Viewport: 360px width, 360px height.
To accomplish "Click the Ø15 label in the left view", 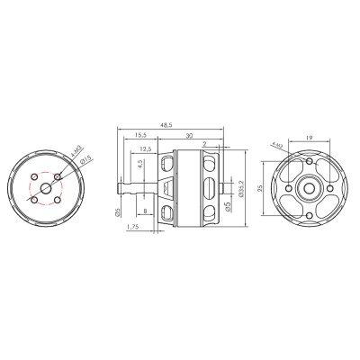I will point(83,159).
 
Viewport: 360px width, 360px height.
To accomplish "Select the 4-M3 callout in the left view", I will point(76,149).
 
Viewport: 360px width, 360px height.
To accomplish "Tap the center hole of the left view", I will point(46,188).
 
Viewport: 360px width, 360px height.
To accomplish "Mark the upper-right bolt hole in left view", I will point(58,175).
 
